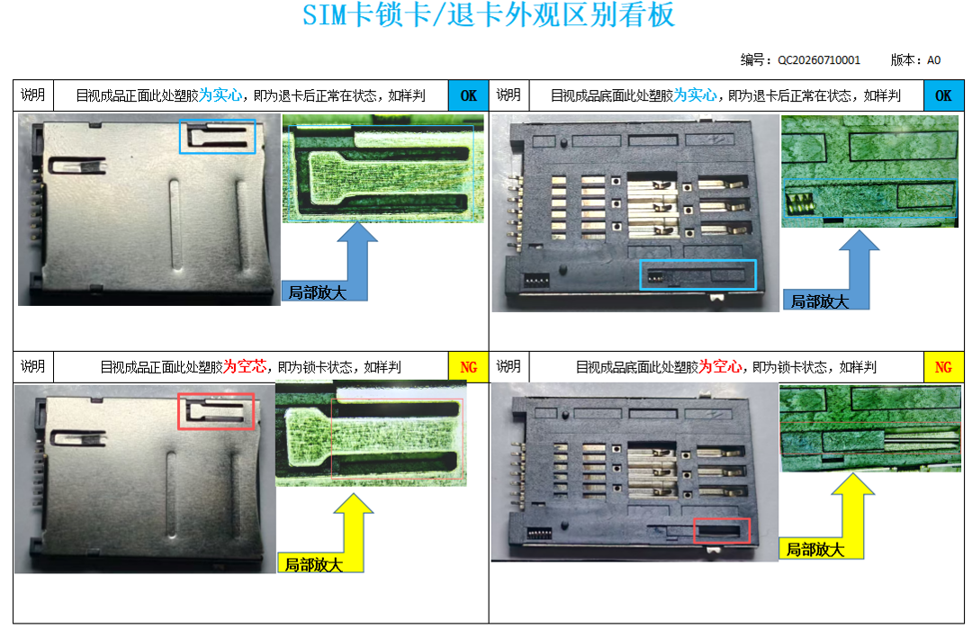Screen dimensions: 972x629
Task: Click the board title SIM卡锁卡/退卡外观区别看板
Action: click(489, 15)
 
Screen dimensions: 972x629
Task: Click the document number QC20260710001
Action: click(819, 60)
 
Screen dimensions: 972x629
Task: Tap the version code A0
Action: click(933, 60)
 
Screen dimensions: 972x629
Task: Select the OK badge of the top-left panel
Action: click(469, 95)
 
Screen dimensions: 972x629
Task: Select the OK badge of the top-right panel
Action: click(943, 95)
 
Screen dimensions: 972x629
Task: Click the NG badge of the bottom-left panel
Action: click(469, 367)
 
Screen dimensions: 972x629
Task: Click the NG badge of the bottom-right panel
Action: click(943, 367)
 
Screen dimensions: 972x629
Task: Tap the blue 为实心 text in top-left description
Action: click(220, 95)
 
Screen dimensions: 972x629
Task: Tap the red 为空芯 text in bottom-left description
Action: click(245, 367)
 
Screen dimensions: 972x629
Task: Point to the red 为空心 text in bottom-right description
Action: click(720, 367)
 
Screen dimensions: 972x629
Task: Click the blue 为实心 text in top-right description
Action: click(696, 95)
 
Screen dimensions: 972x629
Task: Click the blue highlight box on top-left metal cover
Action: click(218, 121)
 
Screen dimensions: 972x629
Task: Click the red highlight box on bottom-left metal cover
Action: click(216, 394)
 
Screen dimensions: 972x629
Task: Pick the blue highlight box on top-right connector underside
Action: click(698, 261)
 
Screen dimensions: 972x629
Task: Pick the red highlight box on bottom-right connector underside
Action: click(722, 519)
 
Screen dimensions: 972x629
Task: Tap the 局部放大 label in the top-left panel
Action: click(317, 292)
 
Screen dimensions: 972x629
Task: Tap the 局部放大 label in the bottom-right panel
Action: click(815, 550)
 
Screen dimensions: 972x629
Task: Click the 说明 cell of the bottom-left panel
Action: click(33, 367)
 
